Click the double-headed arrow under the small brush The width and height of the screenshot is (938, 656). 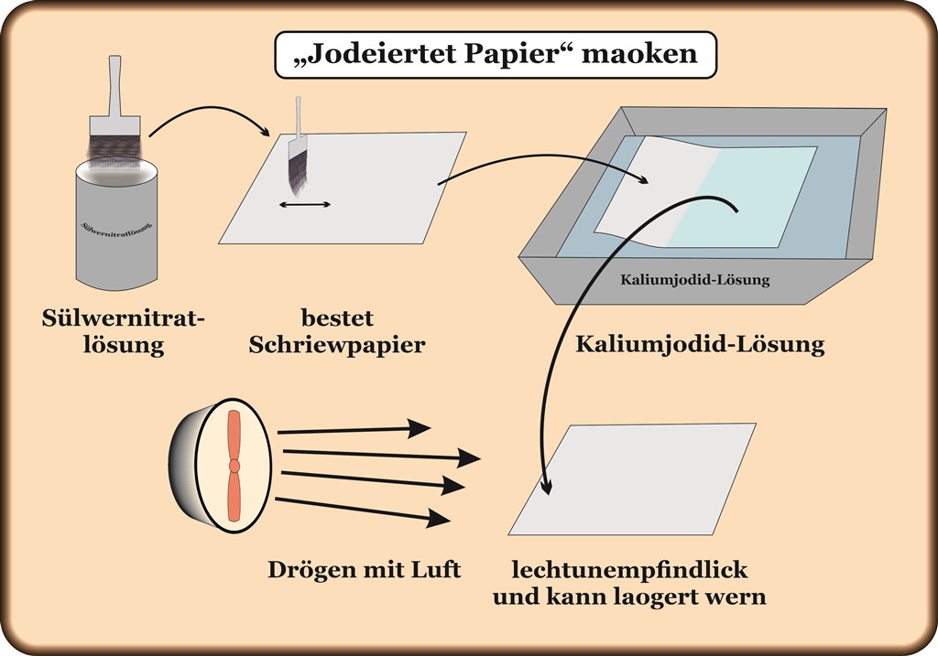click(x=305, y=205)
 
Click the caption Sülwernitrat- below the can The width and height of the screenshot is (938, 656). click(x=125, y=319)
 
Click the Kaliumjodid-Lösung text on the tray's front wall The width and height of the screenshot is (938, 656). click(x=695, y=280)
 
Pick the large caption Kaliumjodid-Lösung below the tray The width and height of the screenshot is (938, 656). click(x=700, y=345)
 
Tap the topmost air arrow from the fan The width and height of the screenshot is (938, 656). click(x=354, y=429)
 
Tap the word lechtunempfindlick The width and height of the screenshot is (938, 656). click(x=629, y=571)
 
